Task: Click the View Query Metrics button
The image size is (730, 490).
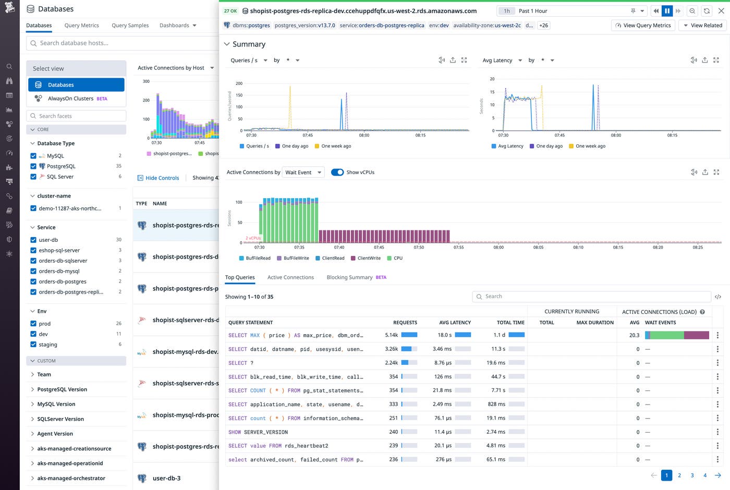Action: coord(643,25)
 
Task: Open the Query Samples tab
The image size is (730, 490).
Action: coord(130,25)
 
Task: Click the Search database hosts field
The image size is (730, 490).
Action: coord(120,43)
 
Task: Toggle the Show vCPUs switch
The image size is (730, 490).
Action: coord(337,172)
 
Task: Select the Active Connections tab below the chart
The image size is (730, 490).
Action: coord(290,277)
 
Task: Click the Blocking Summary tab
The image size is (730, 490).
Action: coord(349,277)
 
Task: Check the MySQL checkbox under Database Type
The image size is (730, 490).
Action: coord(33,156)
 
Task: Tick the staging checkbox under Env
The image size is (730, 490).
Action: coord(33,345)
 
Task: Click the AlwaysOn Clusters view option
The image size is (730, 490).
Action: coord(70,99)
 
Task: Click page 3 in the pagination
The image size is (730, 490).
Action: coord(692,475)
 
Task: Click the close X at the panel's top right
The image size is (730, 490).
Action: coord(721,10)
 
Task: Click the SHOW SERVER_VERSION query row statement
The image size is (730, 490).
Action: coord(258,432)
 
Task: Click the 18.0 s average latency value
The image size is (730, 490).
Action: coord(444,335)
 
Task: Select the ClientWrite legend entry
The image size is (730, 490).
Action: coord(369,258)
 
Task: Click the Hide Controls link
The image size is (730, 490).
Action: coord(162,178)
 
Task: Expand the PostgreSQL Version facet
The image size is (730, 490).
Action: coord(62,389)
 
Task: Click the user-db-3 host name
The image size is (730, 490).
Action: coord(166,478)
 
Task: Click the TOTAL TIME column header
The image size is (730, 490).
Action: coord(510,323)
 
